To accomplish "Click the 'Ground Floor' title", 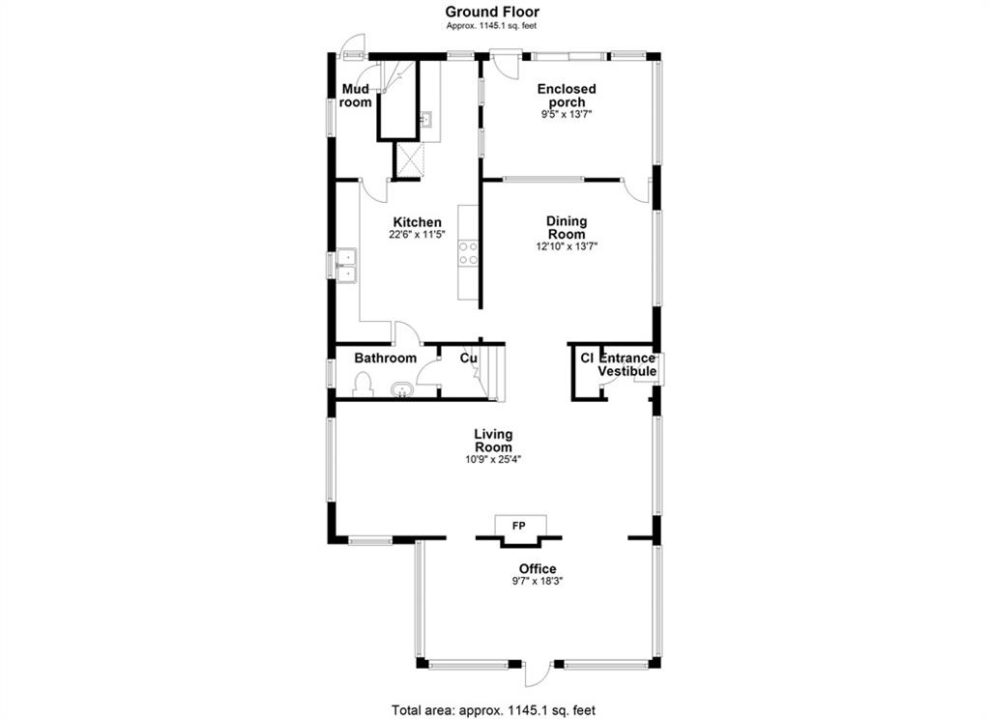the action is tap(492, 12).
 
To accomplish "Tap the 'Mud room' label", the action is tap(356, 96).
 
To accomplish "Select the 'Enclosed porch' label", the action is tap(567, 96).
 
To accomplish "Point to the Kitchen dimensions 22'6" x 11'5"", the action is tap(418, 234).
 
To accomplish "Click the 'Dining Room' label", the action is tap(567, 227).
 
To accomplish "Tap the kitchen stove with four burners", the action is tap(468, 252).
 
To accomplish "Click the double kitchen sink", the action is tap(346, 265).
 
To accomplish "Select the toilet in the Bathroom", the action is tap(364, 385).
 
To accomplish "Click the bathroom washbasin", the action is tap(401, 389).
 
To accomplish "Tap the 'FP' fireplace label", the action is tap(519, 525).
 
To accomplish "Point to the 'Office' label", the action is tap(538, 569).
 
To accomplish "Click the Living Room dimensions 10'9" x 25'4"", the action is tap(494, 460).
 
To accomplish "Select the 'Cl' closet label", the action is tap(587, 358).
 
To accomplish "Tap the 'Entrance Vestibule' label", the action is tap(626, 365).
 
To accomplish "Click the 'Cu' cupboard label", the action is tap(468, 359).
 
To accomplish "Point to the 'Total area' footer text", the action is tap(494, 710).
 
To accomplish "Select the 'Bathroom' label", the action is tap(385, 359).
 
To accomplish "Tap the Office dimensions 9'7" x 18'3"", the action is tap(538, 581).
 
